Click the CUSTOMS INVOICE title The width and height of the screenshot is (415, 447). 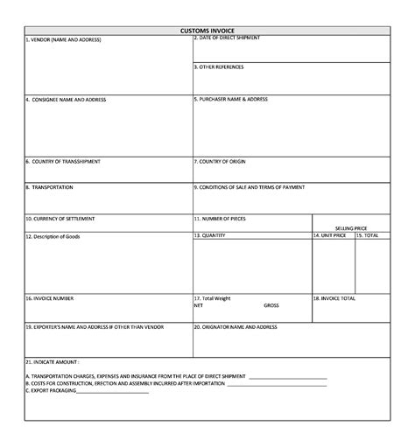207,30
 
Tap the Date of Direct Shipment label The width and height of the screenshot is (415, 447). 227,38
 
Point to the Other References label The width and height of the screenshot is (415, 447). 219,66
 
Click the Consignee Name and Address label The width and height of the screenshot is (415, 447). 66,100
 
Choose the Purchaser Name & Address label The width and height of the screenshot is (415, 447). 230,99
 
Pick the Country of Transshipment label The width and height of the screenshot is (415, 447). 62,161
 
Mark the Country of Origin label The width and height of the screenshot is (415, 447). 222,161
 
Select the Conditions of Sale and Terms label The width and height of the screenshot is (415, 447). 250,187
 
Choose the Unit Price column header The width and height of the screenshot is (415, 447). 330,235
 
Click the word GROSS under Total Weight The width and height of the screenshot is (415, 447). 271,306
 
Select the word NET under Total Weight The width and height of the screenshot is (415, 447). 198,306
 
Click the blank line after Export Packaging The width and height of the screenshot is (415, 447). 113,391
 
